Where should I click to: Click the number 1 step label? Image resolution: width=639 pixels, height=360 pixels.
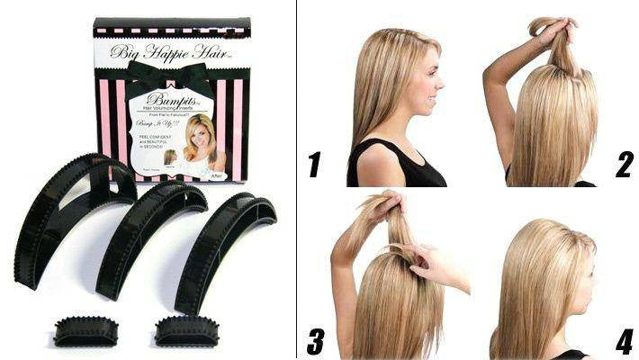[314, 164]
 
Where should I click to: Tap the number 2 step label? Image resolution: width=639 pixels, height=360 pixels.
[624, 164]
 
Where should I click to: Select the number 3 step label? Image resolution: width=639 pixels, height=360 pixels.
[315, 341]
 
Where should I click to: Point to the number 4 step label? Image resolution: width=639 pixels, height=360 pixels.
[624, 341]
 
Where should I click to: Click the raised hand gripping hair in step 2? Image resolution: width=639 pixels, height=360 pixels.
[555, 31]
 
